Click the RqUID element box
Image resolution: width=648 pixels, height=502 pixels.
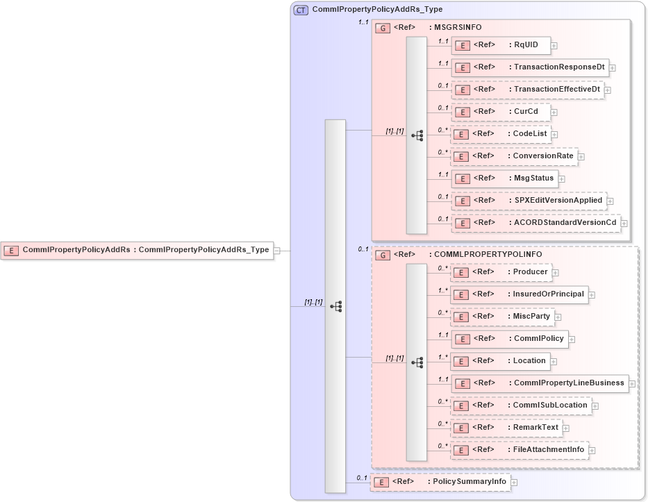501,46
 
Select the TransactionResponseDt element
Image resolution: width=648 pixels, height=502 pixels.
530,68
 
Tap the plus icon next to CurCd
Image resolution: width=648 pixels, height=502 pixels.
554,112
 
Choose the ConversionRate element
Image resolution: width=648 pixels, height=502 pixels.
514,156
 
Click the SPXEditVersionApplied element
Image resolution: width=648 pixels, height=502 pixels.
528,201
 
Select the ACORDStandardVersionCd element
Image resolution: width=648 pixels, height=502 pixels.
535,223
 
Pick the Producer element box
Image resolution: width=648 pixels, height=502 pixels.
501,272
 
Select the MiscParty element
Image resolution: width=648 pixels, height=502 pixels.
502,317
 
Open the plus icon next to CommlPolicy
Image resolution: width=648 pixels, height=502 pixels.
572,340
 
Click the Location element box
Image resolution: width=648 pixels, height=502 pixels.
500,361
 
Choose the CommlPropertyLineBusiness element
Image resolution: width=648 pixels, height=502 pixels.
539,383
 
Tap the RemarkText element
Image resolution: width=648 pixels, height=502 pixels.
506,428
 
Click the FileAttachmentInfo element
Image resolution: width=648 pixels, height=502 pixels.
519,450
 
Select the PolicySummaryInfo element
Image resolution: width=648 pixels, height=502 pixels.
440,481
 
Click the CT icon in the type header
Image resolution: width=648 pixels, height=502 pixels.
301,10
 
